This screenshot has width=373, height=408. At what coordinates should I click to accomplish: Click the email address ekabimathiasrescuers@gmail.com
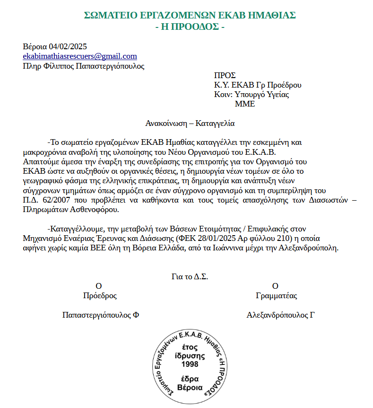coord(80,56)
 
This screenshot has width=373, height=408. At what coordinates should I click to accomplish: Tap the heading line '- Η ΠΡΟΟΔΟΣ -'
coord(190,27)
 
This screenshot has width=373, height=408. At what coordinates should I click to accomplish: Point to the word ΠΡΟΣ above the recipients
coord(225,75)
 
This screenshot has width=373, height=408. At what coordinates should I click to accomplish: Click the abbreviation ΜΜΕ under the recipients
coord(244,104)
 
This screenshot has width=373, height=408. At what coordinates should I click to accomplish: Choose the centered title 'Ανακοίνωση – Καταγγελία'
coord(190,124)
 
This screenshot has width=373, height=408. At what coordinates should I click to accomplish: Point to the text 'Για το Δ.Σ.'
coord(190,277)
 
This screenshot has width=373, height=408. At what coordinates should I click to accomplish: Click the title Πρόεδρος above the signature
coord(100,296)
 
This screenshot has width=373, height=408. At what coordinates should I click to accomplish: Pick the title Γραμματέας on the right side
coord(276,296)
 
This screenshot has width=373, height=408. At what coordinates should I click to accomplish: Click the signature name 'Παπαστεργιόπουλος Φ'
coord(100,315)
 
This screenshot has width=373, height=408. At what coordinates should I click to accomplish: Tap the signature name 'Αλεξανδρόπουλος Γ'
coord(281,315)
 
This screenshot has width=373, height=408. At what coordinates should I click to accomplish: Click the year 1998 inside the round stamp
coord(190,364)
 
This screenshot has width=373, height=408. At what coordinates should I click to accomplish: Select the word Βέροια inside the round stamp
coord(190,388)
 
